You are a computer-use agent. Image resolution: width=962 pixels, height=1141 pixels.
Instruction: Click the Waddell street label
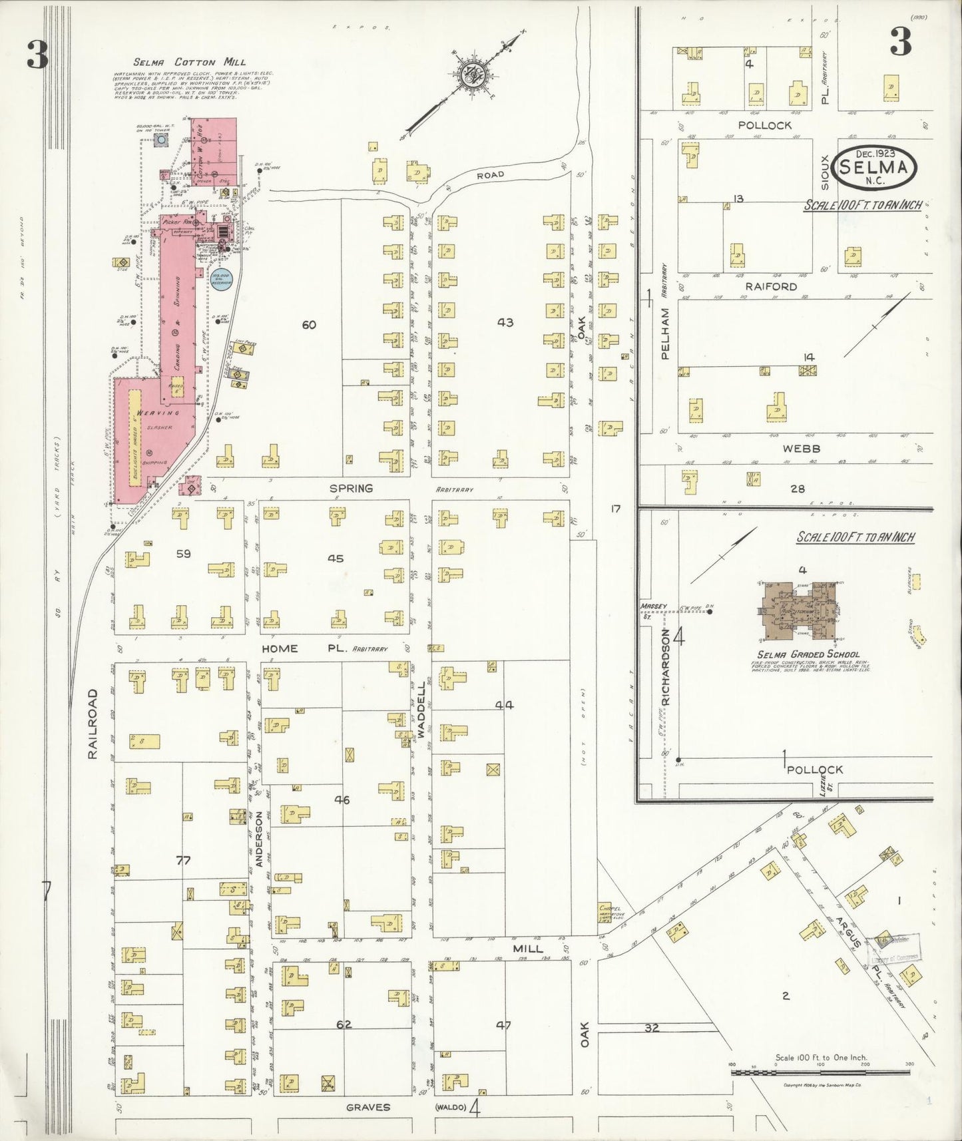[x=421, y=709]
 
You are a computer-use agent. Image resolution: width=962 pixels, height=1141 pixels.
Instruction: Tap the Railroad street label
[x=93, y=724]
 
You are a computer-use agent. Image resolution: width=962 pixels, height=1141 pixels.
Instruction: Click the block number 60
[x=309, y=325]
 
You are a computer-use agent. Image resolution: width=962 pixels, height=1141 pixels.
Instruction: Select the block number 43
[x=505, y=322]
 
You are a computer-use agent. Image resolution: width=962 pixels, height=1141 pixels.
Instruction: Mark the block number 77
[x=183, y=861]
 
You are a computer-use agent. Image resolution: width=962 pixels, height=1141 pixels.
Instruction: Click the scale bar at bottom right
[x=820, y=1072]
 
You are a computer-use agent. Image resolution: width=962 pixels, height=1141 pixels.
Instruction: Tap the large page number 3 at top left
[x=37, y=55]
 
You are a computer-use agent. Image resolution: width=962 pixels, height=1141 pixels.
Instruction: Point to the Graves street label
[x=367, y=1107]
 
